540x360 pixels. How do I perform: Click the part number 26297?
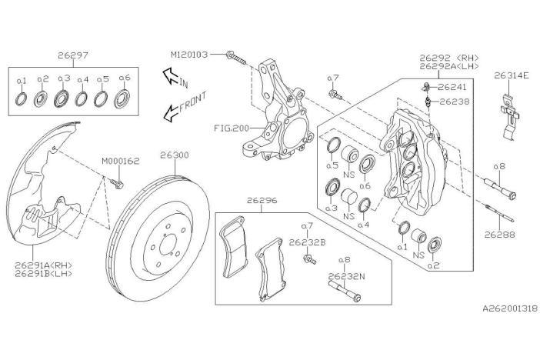72,55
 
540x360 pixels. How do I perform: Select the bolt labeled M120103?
236,58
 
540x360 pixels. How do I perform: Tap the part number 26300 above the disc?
175,155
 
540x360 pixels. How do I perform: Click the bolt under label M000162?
117,183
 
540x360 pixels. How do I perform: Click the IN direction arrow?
171,76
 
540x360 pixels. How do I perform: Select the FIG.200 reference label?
231,128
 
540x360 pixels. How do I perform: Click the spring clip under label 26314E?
509,118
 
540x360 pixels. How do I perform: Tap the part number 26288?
500,235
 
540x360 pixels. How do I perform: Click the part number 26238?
455,102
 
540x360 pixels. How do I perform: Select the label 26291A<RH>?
43,265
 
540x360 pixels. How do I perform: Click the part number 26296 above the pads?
262,200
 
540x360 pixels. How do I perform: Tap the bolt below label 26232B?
309,259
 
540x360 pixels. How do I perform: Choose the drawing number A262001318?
510,308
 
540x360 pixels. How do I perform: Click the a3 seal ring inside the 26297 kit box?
62,98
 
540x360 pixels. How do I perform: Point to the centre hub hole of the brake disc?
168,245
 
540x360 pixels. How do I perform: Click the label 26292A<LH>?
449,66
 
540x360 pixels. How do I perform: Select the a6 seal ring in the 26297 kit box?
122,98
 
